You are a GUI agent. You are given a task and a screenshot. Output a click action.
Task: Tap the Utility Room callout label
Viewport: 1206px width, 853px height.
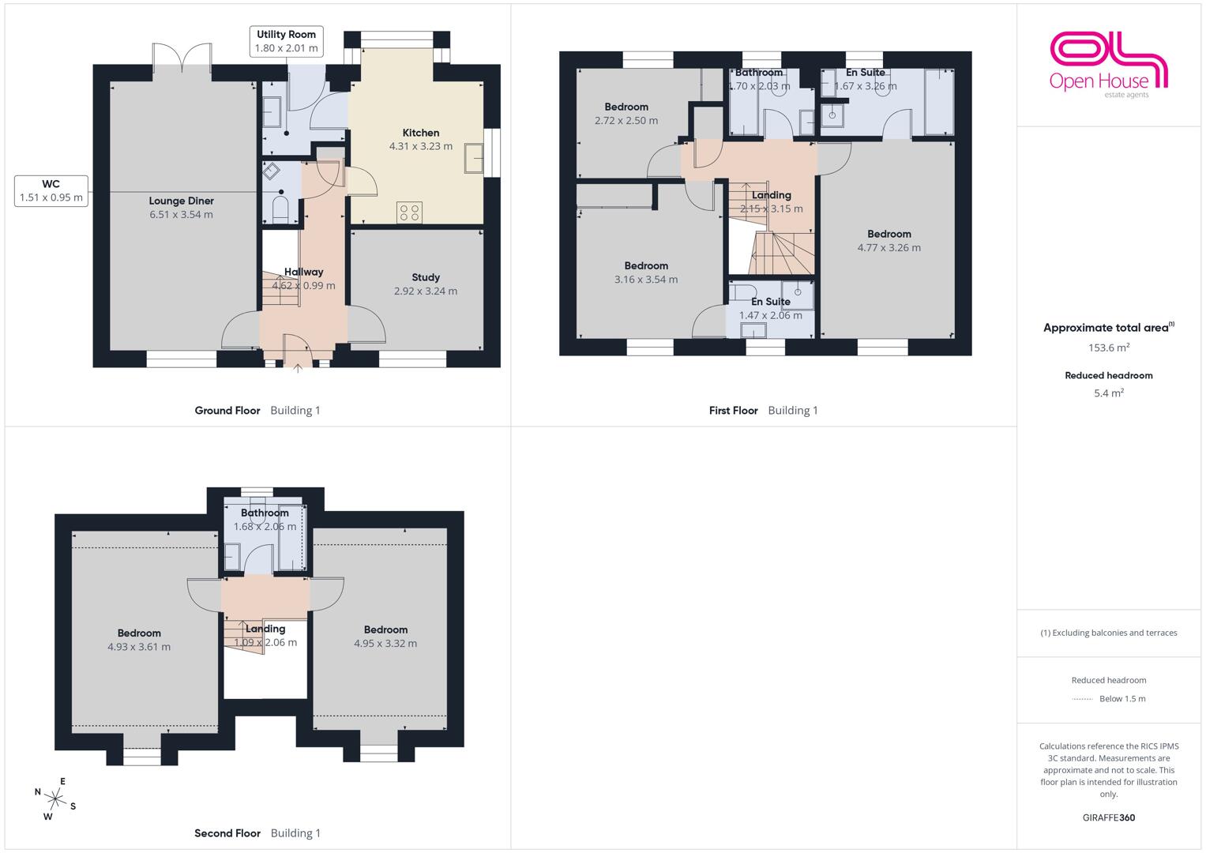pos(287,41)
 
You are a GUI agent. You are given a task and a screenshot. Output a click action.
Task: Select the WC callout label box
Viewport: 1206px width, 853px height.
pos(51,190)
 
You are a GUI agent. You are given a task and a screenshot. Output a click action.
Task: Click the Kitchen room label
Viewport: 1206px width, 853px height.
pos(421,133)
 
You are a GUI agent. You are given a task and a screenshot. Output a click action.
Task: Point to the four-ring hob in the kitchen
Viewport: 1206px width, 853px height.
pos(409,212)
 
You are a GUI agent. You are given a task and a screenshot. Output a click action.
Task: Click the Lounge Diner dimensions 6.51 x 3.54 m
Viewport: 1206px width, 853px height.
pos(182,214)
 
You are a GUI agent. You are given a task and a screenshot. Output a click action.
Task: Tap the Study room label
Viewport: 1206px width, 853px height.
pos(426,277)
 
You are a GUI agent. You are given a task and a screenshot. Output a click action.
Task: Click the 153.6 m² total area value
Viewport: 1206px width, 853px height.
pos(1109,348)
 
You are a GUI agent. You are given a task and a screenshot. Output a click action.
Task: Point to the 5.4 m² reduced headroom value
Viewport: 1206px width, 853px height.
pos(1109,393)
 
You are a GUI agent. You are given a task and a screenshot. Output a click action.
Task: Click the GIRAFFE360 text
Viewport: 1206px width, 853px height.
pos(1109,817)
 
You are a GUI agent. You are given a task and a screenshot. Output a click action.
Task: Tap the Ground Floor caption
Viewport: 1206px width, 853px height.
pos(227,411)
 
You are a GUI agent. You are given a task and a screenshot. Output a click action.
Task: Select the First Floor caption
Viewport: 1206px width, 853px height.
pos(733,411)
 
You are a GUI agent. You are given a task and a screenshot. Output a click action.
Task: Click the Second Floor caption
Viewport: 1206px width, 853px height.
pos(227,833)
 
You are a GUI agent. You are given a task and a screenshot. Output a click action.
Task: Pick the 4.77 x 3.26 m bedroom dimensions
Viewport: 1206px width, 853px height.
pos(889,248)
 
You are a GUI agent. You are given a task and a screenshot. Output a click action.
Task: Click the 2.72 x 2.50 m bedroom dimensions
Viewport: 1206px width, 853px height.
pos(626,121)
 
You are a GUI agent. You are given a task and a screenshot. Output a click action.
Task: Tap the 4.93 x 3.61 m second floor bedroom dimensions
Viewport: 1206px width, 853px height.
pos(139,647)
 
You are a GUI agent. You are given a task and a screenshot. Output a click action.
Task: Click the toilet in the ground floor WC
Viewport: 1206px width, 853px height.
pos(280,209)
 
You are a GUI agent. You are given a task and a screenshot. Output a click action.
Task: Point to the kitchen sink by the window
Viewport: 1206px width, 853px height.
pos(474,158)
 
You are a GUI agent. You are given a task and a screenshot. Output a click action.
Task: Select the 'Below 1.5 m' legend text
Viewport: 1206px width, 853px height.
pos(1122,698)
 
